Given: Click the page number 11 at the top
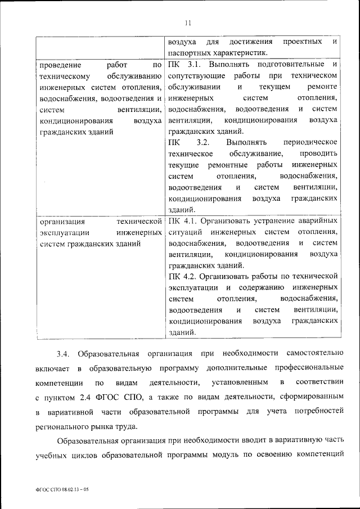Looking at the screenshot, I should click(188, 22).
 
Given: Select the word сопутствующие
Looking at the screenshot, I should click(196, 75).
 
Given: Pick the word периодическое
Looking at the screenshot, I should click(311, 142).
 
